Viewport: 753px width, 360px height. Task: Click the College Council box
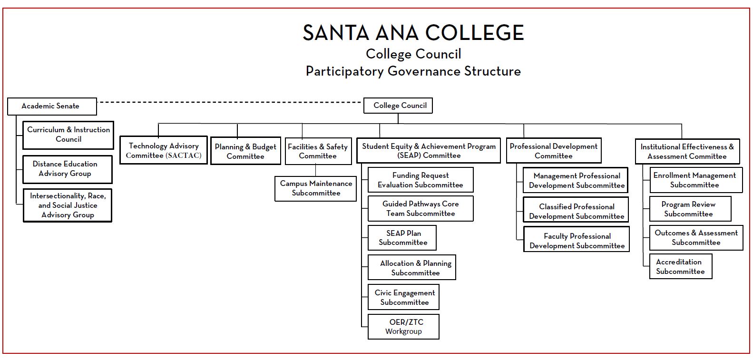(398, 106)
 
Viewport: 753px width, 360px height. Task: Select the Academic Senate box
(52, 106)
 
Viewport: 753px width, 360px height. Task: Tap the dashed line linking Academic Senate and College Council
(228, 102)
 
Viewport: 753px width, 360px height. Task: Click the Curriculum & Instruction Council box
(68, 135)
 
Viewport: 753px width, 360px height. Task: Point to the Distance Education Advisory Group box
(67, 169)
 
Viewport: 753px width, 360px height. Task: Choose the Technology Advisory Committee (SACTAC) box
(163, 150)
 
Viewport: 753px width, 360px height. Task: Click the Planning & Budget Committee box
(245, 151)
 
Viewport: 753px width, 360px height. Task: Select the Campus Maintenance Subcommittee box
(315, 188)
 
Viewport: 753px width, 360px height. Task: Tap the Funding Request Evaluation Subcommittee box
(421, 180)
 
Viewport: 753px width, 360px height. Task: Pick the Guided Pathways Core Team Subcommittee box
(421, 208)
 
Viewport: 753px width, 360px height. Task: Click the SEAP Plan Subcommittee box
(402, 238)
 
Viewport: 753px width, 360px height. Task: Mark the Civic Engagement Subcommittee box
(403, 297)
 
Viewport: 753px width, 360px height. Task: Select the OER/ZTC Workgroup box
(403, 326)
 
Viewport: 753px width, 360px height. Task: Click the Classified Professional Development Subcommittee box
(576, 211)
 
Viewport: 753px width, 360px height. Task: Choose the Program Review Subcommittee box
(690, 209)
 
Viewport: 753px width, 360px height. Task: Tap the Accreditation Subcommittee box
(680, 266)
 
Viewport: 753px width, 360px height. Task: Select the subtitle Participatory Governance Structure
(413, 71)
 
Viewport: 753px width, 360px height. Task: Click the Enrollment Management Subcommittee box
(695, 180)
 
